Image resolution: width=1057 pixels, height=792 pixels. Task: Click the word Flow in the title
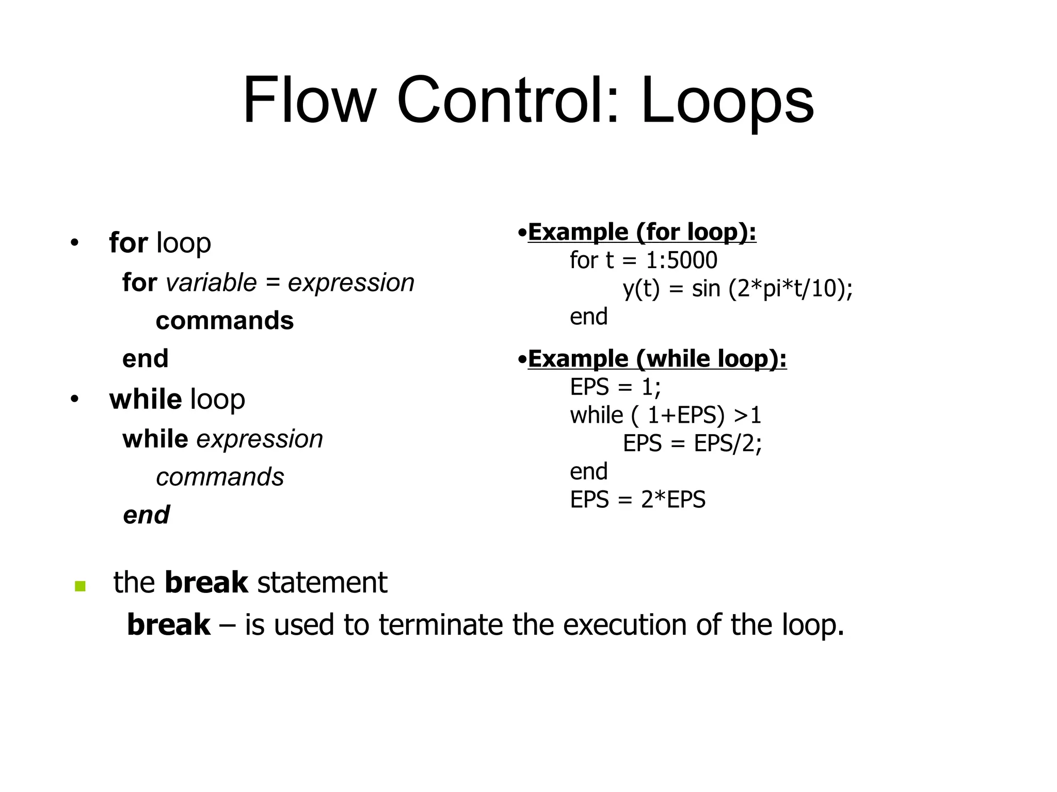pos(309,100)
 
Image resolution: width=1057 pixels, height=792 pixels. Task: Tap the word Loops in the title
pos(727,100)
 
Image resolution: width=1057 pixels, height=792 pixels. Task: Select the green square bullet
pos(80,586)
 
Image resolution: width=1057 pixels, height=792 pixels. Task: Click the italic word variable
pos(211,283)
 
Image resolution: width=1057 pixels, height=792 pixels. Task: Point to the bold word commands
pos(225,321)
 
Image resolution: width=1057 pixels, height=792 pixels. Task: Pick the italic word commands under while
pos(220,477)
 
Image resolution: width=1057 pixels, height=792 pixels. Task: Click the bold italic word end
pos(146,515)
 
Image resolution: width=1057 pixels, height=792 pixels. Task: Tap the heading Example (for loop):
pos(642,233)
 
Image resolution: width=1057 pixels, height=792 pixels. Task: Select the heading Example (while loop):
pos(657,359)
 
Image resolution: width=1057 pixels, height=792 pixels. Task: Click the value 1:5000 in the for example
pos(681,260)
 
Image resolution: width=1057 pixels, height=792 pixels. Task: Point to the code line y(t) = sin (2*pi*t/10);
pos(738,289)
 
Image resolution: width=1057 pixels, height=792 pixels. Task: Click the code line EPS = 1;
pos(615,387)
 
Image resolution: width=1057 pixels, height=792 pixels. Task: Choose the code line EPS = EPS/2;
pos(692,443)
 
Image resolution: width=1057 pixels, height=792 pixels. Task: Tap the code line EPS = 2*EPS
pos(637,500)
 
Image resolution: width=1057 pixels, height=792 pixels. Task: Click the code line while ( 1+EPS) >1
pos(665,415)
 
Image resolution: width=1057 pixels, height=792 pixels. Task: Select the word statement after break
pos(322,583)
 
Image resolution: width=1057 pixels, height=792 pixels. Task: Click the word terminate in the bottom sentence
pos(440,625)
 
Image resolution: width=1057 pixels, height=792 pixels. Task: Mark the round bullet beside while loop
pos(75,399)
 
